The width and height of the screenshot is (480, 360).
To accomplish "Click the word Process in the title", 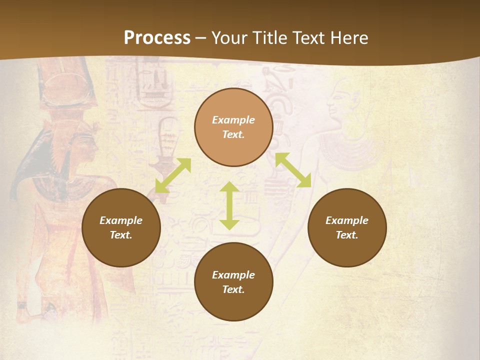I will coord(157,38).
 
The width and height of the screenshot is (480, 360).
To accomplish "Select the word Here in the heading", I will coord(349,38).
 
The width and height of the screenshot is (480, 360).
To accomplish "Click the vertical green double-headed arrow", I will coord(229,205).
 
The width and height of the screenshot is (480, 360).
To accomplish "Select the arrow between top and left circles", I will coord(173,175).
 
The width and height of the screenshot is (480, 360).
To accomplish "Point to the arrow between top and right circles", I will coord(293,170).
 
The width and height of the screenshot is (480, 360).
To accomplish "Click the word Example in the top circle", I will coord(233,120).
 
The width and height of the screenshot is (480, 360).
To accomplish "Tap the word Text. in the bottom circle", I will coord(233,289).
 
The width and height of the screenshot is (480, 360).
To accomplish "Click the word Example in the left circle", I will coord(121,220).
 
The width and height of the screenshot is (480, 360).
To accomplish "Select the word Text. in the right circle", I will coord(347,235).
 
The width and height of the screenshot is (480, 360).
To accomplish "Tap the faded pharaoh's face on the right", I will coord(340,105).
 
